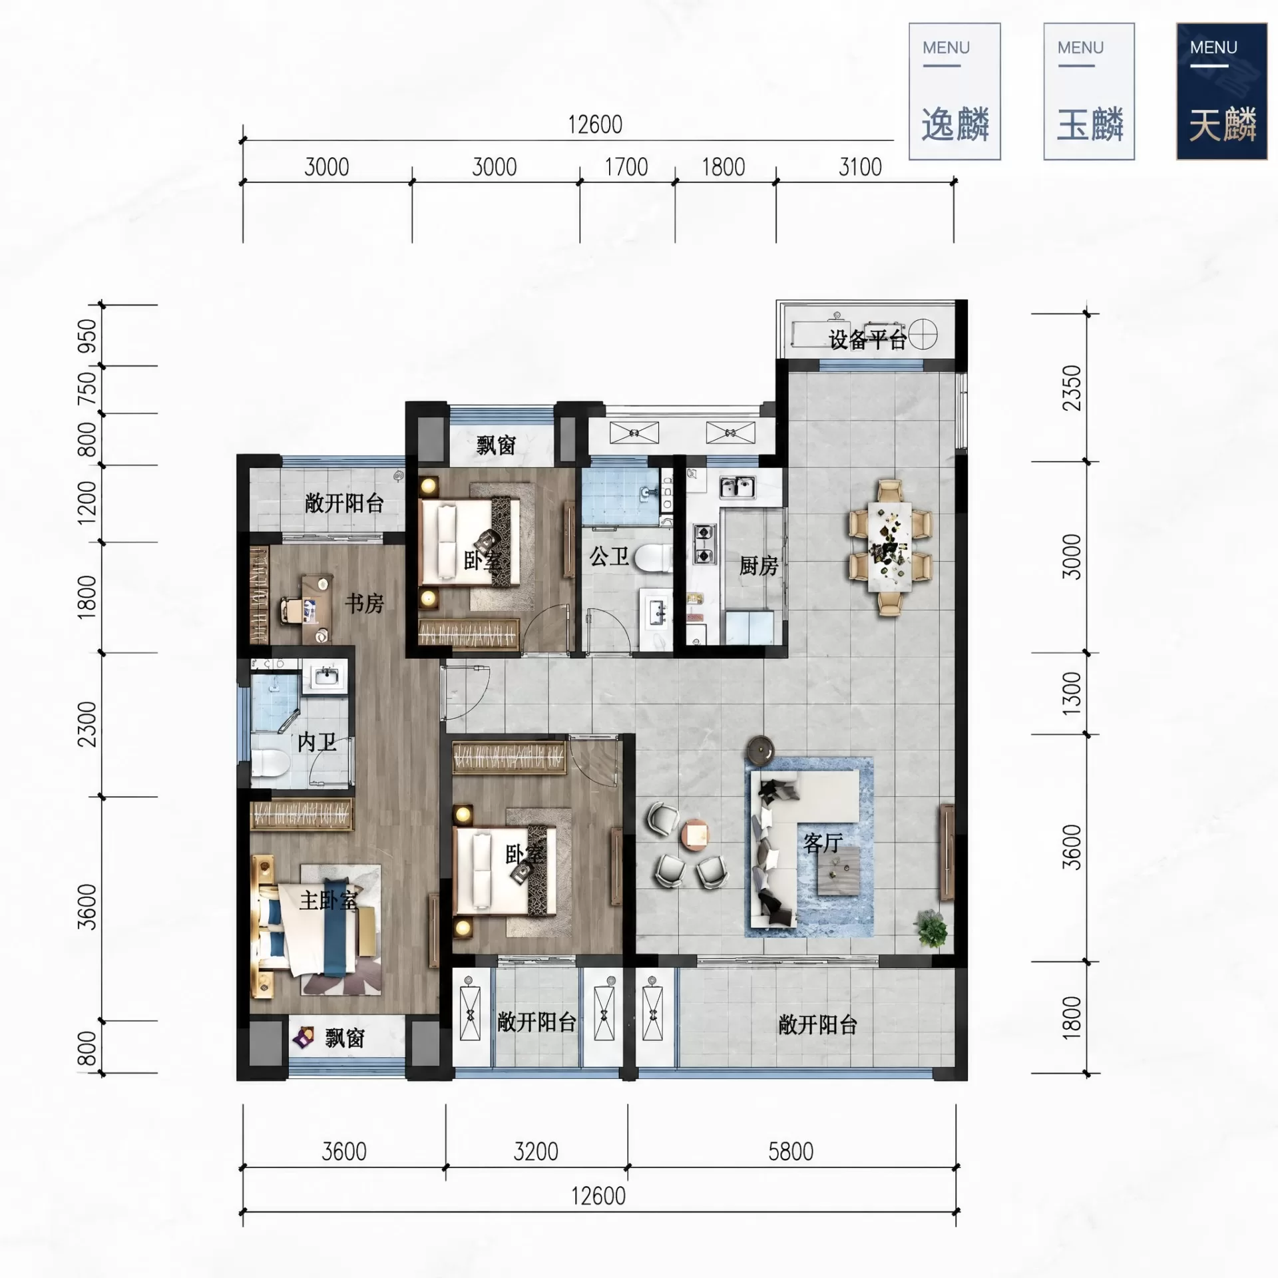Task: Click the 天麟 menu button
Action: point(1221,91)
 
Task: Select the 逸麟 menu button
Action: point(955,91)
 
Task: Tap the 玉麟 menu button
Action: point(1089,91)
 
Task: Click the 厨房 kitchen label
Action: point(759,566)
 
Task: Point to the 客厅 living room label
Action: point(823,843)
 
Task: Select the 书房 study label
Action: point(364,603)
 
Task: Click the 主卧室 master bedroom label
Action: point(328,901)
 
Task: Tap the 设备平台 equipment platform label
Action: point(868,339)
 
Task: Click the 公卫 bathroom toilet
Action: point(652,558)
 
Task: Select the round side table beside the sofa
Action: point(758,749)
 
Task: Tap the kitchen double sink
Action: point(738,487)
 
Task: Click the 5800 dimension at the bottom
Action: point(791,1152)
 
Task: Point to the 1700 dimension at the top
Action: point(626,167)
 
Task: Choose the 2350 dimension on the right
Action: point(1072,388)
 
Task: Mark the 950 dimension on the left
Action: point(87,336)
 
